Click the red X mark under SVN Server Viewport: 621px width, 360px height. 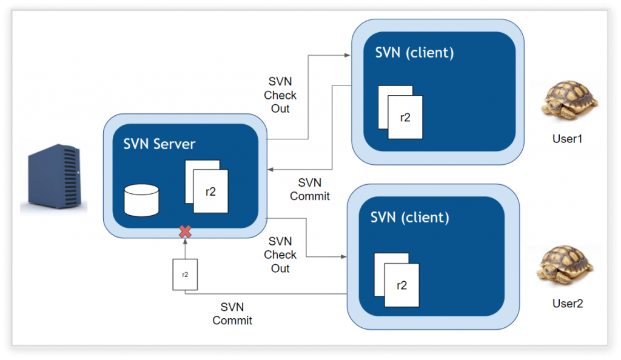point(186,231)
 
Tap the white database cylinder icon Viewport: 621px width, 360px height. point(141,201)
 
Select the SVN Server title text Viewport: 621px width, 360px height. point(159,144)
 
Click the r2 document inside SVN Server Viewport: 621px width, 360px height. point(210,192)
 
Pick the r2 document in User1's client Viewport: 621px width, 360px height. point(404,117)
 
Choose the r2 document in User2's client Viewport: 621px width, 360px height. point(401,285)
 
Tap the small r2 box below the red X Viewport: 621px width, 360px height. point(185,274)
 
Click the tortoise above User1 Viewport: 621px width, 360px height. point(569,101)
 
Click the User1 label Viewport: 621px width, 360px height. point(567,139)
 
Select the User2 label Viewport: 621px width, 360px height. point(568,304)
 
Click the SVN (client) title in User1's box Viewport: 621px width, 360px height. point(415,52)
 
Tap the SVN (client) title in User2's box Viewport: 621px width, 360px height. point(410,216)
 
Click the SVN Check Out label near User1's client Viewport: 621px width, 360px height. point(280,95)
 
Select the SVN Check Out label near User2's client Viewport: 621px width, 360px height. point(280,255)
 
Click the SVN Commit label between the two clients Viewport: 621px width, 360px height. point(310,189)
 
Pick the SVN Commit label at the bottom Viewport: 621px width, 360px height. point(232,313)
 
